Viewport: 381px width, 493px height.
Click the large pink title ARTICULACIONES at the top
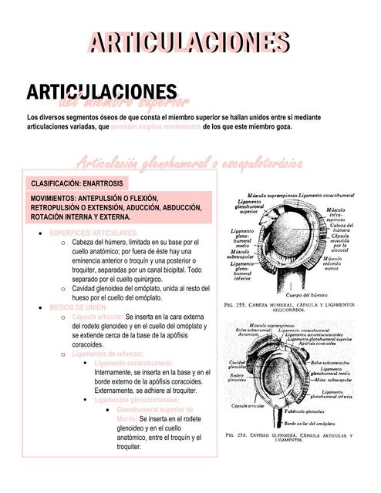[x=190, y=42]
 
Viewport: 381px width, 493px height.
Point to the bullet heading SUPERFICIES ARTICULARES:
[x=93, y=232]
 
